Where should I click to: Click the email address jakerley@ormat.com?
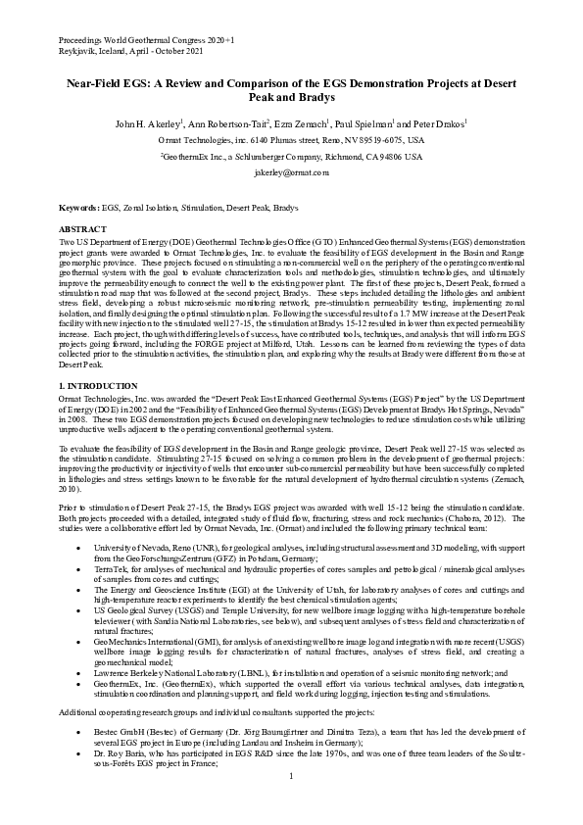coord(291,171)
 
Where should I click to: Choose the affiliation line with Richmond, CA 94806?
coord(291,156)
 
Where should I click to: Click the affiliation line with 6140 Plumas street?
coord(291,140)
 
